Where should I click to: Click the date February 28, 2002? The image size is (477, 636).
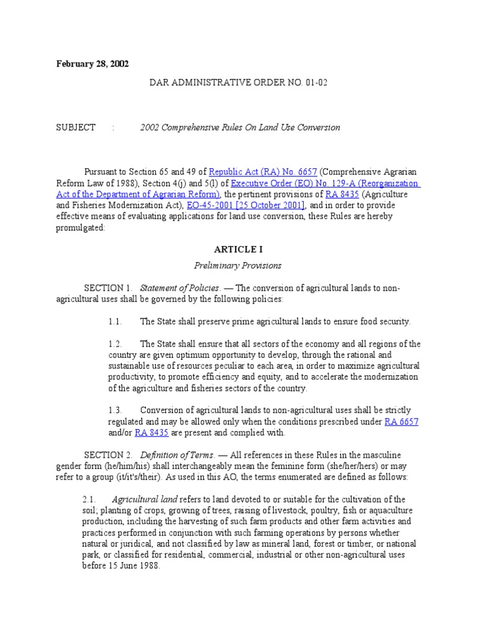tap(93, 64)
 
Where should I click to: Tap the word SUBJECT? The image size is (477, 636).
tap(76, 127)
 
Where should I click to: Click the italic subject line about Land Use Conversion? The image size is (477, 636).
tap(240, 127)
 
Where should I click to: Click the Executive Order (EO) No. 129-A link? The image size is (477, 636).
tap(325, 183)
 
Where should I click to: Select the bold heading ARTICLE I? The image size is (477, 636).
tap(238, 249)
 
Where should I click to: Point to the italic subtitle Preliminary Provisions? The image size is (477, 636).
tap(238, 265)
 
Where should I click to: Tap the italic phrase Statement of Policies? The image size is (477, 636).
tap(179, 288)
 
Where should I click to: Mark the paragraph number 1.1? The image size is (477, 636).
tap(114, 321)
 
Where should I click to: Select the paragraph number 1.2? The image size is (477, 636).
tap(114, 343)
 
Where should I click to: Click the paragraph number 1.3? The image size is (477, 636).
tap(114, 410)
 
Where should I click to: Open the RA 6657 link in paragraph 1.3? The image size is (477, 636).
tap(401, 421)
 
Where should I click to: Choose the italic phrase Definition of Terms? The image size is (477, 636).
tap(177, 455)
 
